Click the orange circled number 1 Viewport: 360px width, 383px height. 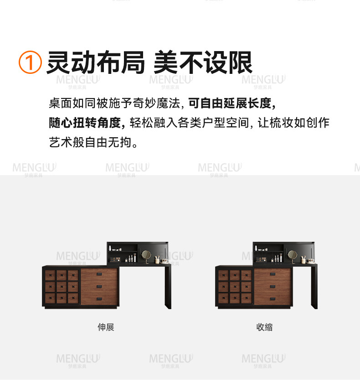coord(30,62)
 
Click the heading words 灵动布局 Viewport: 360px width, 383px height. coord(96,62)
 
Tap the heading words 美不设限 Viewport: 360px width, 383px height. coord(203,62)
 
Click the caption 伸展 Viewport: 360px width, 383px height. coord(106,327)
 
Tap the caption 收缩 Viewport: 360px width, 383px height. coord(264,327)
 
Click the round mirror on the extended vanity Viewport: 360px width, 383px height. coord(146,255)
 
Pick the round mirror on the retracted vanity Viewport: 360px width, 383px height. coord(292,255)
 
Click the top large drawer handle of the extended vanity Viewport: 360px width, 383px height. coord(99,274)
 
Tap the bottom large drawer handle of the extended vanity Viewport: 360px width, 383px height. coord(99,299)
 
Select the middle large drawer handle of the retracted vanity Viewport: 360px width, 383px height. coord(273,287)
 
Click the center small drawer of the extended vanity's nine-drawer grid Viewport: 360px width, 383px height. coord(62,287)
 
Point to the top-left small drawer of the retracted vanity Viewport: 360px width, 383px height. coord(223,275)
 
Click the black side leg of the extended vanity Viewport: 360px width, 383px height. coord(168,286)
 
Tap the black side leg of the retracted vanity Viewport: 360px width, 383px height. coord(314,286)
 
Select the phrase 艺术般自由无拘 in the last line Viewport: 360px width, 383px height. coord(90,142)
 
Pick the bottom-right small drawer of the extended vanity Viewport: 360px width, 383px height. coord(73,298)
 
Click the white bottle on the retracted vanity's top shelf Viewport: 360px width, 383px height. coord(256,248)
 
